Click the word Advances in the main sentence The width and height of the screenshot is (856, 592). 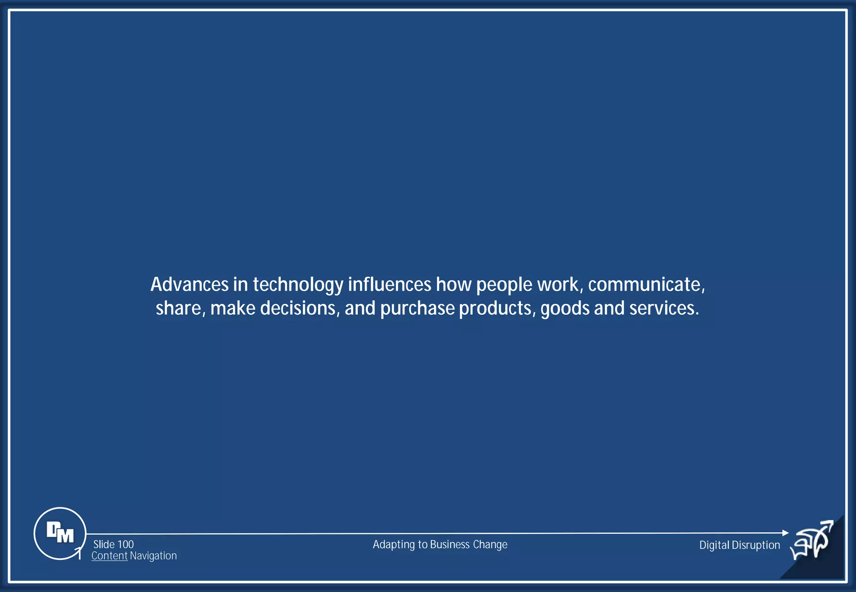pyautogui.click(x=189, y=285)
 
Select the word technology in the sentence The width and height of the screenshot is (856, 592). pyautogui.click(x=298, y=285)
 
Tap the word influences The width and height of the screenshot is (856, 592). pyautogui.click(x=389, y=285)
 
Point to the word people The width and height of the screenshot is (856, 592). pyautogui.click(x=504, y=285)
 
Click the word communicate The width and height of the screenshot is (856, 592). pyautogui.click(x=646, y=285)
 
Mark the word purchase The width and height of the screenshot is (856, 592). pyautogui.click(x=417, y=309)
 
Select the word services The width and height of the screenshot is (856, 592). pyautogui.click(x=664, y=309)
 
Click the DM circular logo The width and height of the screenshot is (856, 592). pyautogui.click(x=60, y=533)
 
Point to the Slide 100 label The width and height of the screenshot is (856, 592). pyautogui.click(x=113, y=544)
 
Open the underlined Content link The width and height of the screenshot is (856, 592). pyautogui.click(x=109, y=556)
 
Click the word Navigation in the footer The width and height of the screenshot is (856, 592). pyautogui.click(x=153, y=556)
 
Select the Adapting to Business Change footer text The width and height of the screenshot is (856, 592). pyautogui.click(x=440, y=544)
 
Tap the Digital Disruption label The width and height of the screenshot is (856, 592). pyautogui.click(x=739, y=545)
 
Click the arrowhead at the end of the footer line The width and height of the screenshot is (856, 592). pyautogui.click(x=785, y=533)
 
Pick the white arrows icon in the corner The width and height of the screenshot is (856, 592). pyautogui.click(x=812, y=540)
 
